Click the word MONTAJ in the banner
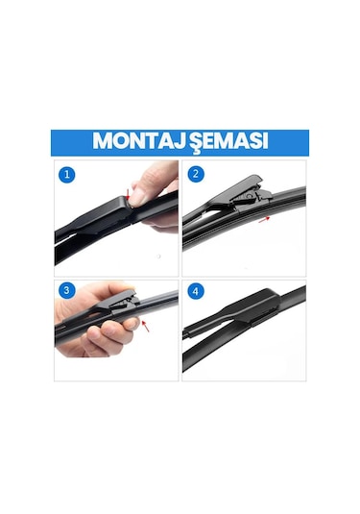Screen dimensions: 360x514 136,141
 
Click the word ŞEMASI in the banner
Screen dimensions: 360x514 226,142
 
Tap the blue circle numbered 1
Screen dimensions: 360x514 67,175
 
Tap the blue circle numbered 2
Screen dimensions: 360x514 196,174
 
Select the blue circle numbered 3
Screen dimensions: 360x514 67,290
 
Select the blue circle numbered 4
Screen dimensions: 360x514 196,291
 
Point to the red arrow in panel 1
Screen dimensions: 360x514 128,194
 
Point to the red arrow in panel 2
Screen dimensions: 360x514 264,219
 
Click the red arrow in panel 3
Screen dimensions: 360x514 146,326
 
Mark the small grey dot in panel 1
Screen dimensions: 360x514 158,257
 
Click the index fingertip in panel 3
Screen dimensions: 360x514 132,324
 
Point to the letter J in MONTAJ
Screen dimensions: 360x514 175,141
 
